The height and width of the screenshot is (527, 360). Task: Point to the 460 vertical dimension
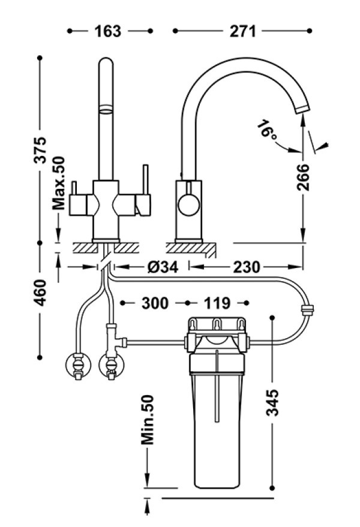[x=40, y=292]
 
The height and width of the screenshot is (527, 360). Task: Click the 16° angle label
[x=267, y=131]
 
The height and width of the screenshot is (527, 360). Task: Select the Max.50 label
[x=59, y=184]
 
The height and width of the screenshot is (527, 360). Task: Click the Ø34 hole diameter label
[x=162, y=267]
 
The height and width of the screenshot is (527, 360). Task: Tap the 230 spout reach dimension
[x=247, y=267]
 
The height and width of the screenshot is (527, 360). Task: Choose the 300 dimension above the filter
[x=155, y=304]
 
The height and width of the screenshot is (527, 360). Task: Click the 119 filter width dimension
[x=217, y=304]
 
